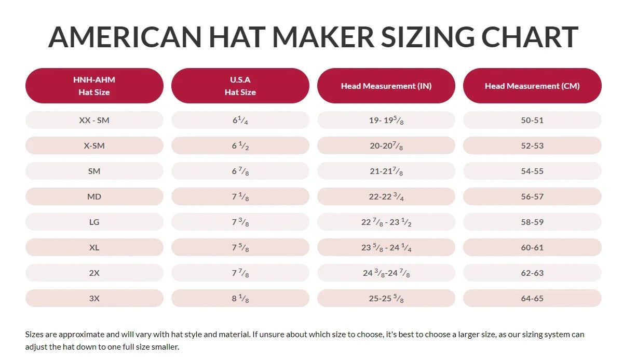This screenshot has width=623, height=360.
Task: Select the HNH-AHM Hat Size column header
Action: [94, 86]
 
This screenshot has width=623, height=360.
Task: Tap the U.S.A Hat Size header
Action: [240, 86]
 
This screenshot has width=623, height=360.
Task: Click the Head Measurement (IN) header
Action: [386, 86]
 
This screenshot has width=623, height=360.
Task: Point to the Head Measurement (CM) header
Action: [532, 86]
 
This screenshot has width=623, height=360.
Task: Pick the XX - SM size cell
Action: [94, 120]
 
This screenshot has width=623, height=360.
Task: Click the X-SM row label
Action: [94, 145]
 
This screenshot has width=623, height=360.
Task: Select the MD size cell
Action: [94, 196]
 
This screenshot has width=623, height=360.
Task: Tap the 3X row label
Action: [94, 298]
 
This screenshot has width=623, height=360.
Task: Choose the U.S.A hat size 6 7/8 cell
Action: [240, 171]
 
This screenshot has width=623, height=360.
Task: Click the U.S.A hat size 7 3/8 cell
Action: [240, 222]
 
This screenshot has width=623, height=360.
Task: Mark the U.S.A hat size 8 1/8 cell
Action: [240, 298]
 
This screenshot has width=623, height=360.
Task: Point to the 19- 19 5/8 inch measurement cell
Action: [386, 120]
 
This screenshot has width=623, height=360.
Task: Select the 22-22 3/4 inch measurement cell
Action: [386, 196]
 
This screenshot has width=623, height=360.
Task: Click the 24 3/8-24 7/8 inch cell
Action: [386, 273]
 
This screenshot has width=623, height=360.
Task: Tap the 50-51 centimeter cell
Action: [532, 120]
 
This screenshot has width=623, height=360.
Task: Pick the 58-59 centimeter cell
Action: [532, 222]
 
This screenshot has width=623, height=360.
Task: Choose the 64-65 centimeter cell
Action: [532, 298]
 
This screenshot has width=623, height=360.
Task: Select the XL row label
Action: [94, 247]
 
